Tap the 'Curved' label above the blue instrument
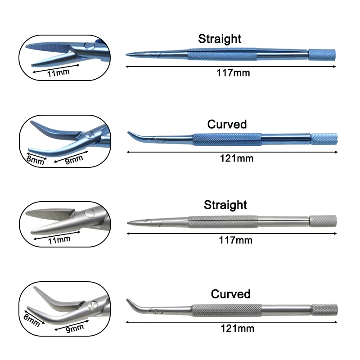(x=227, y=124)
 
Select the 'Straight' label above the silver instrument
(x=225, y=205)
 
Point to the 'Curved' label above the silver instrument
(x=230, y=294)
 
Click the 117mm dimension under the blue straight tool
(x=233, y=72)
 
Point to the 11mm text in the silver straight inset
(x=58, y=239)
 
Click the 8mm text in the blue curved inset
(x=36, y=160)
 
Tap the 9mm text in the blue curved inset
(x=73, y=158)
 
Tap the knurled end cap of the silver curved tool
(x=324, y=309)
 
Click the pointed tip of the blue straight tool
(x=129, y=55)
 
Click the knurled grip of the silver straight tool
(x=222, y=221)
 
